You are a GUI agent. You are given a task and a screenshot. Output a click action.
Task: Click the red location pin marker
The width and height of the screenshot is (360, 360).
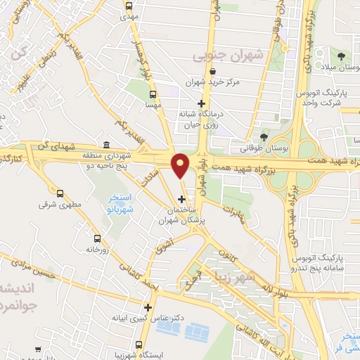click(181, 165)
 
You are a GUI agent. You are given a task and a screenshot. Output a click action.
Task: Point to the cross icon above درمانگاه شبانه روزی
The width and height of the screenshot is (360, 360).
click(201, 104)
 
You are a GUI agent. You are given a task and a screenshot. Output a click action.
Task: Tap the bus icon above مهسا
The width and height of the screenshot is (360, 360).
click(153, 94)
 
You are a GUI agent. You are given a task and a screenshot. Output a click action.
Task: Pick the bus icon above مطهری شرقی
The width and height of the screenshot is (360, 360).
click(60, 193)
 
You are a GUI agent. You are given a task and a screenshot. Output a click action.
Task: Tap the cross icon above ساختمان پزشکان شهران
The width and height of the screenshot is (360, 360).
click(182, 199)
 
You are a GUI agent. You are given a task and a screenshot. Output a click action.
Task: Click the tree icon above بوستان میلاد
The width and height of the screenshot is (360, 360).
click(340, 56)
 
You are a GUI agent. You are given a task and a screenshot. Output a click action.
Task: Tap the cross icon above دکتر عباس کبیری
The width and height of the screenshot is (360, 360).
click(148, 307)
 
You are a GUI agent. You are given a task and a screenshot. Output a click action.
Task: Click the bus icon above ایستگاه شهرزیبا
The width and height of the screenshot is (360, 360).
click(139, 345)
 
